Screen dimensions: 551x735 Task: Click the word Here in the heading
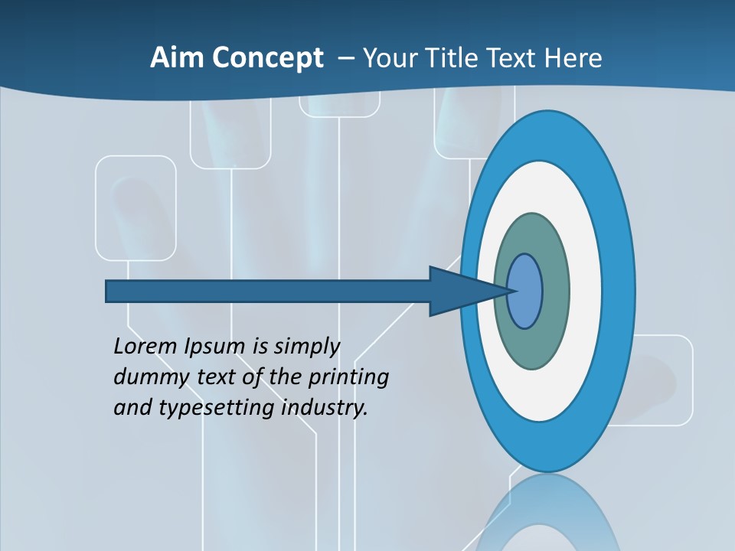(x=573, y=58)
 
